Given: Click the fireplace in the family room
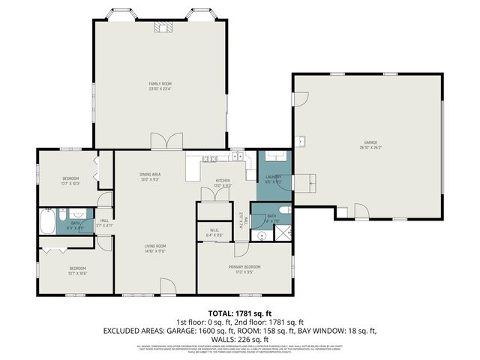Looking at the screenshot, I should [163, 28].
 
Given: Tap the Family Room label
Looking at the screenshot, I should [159, 83].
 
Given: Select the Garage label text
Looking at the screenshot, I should [370, 142].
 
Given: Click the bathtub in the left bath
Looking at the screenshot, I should [46, 223].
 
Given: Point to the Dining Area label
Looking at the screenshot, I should [150, 174].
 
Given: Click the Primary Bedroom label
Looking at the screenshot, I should [244, 267].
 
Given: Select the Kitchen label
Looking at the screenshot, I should [223, 181].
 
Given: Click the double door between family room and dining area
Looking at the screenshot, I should [166, 142].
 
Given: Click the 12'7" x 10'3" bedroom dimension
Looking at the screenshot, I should [70, 183].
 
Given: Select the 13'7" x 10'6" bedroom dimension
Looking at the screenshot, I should [77, 273].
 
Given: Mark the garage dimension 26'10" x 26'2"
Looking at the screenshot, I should [370, 147].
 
